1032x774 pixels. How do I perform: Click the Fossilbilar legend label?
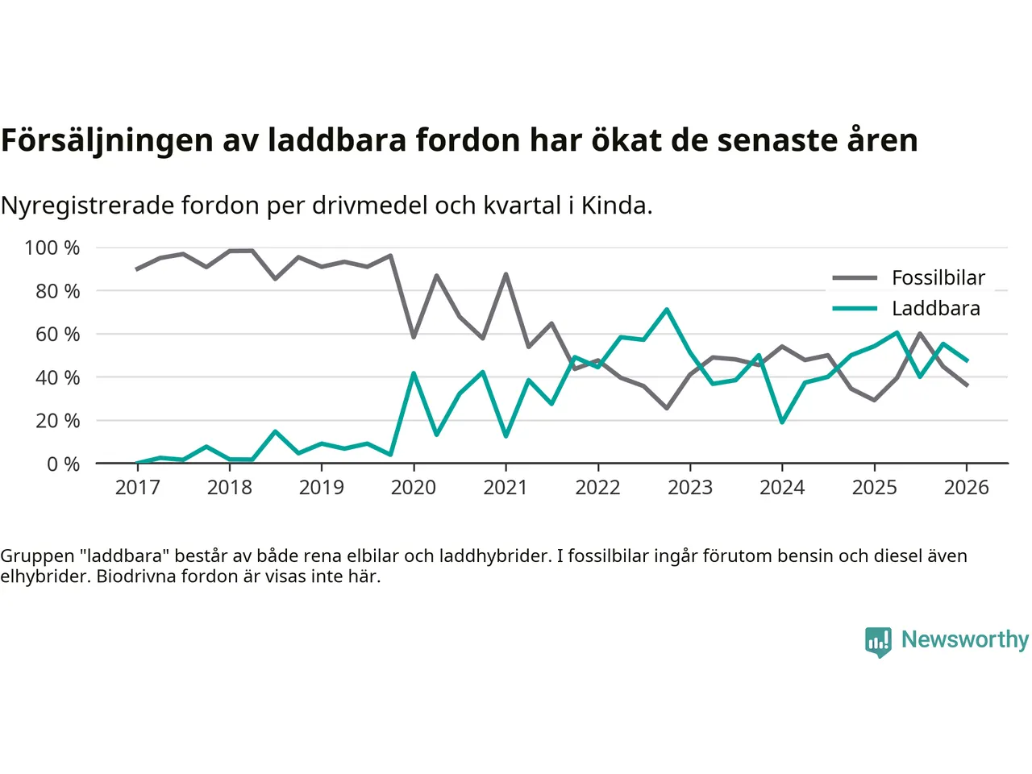(x=938, y=278)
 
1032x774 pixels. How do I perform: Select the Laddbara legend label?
(x=935, y=309)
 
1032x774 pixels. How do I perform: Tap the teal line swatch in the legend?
(x=855, y=309)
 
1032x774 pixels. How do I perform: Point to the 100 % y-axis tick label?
(x=52, y=248)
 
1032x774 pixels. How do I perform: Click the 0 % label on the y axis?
(x=63, y=464)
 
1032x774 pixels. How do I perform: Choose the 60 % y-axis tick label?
(x=57, y=334)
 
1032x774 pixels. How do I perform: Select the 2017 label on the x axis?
(x=137, y=488)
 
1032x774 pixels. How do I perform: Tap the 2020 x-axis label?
(x=414, y=488)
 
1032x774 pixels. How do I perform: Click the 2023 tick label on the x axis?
(x=690, y=488)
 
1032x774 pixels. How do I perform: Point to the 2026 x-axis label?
(x=966, y=488)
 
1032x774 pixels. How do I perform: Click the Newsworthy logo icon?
(x=878, y=642)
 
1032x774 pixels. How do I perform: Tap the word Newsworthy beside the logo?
(x=965, y=639)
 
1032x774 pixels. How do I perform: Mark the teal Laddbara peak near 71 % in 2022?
(x=667, y=310)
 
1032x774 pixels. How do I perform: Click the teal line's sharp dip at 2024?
(x=782, y=422)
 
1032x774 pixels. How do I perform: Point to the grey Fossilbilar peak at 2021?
(x=506, y=275)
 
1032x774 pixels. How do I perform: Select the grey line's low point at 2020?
(x=414, y=337)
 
